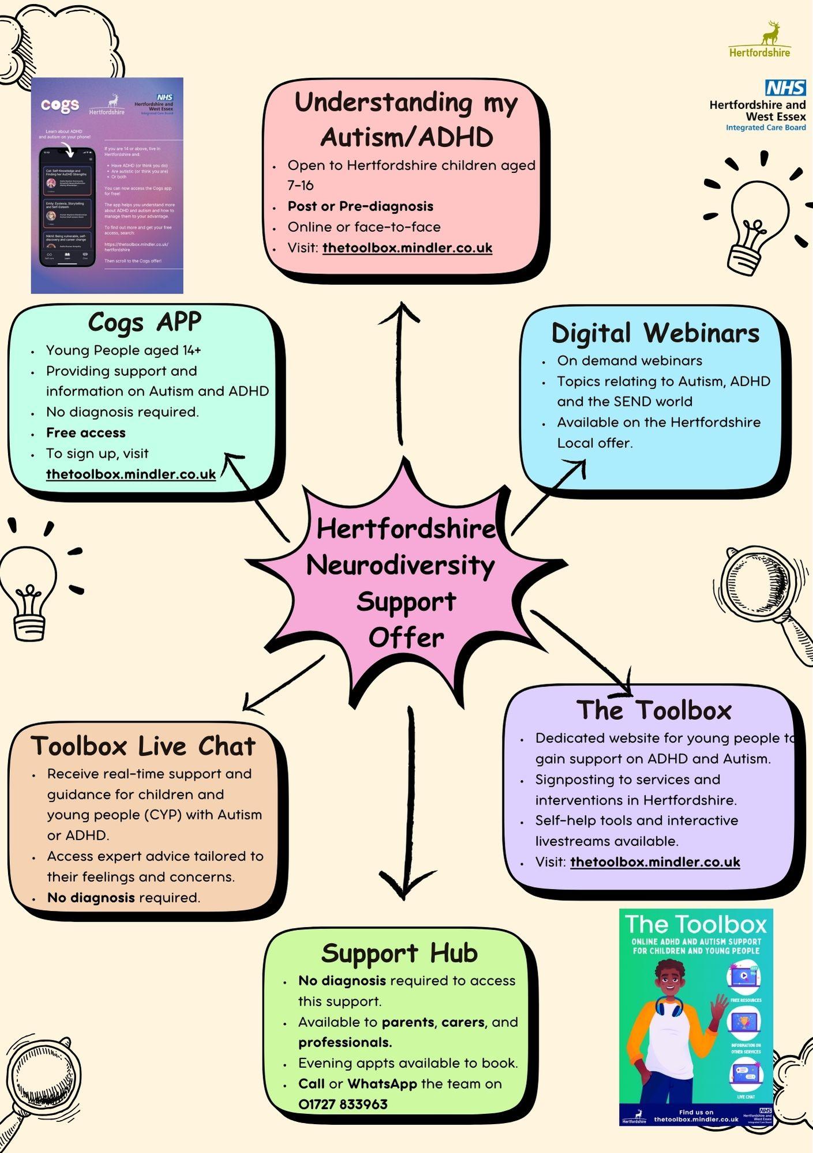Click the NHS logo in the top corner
(785, 88)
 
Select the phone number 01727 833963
(343, 1104)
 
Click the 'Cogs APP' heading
(144, 322)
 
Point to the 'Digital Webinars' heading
(655, 333)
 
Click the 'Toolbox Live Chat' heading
(143, 746)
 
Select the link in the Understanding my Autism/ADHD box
(407, 248)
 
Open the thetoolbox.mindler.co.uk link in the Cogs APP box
(131, 474)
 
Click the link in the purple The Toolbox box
(655, 862)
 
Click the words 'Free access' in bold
(86, 432)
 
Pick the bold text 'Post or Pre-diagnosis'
(361, 206)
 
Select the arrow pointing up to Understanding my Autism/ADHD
(399, 369)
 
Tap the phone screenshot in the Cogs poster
(68, 206)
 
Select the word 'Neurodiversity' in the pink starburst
(400, 565)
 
